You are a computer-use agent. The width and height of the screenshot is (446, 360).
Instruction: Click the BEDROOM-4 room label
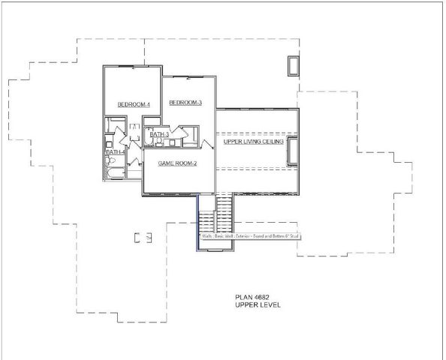(134, 105)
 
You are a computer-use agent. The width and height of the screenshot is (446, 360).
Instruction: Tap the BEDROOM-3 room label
(185, 103)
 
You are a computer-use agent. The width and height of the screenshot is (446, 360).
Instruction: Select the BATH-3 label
(158, 135)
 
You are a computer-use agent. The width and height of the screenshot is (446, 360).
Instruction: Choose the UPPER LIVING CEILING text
(254, 142)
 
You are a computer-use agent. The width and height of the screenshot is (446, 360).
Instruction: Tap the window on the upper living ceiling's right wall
(292, 151)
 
